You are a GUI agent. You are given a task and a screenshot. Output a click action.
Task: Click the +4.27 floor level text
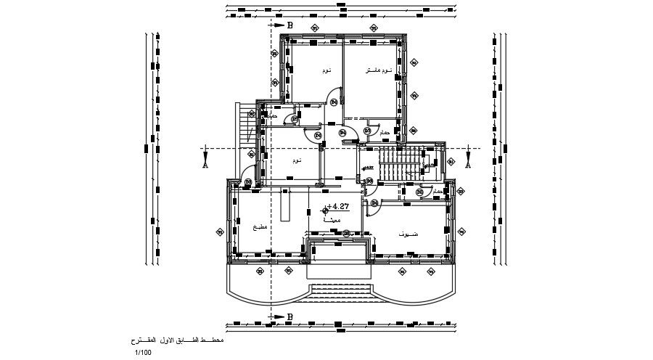coord(339,206)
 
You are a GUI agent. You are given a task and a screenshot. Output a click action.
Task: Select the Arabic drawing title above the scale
coord(173,341)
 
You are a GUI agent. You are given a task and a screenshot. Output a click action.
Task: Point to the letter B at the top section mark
coord(289,25)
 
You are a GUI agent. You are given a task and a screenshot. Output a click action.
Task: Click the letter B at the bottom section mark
coord(289,316)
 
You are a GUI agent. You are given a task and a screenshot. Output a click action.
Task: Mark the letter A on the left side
coord(205,165)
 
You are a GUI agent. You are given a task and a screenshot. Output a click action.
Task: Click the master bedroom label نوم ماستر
coord(377,70)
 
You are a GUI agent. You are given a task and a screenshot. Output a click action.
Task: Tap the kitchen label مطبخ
coord(260,228)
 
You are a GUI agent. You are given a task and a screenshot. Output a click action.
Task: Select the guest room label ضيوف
coord(408,234)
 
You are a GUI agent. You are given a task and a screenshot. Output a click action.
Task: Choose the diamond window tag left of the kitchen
coord(219,232)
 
